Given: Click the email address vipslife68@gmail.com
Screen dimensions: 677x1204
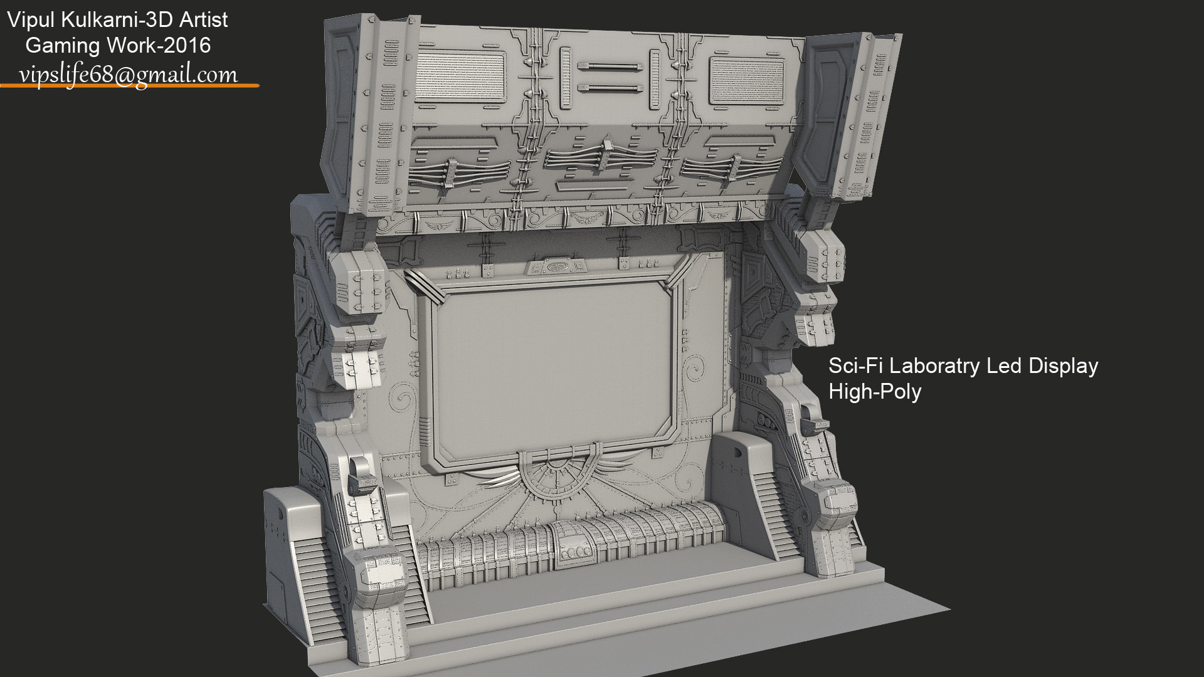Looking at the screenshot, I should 129,75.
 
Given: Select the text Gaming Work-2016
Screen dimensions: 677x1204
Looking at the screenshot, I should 117,45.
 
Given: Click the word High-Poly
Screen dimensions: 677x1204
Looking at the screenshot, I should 874,392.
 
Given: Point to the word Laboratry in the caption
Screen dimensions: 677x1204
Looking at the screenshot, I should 929,366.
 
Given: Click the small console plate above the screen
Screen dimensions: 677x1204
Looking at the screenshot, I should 556,266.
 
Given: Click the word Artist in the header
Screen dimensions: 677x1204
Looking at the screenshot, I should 204,20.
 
